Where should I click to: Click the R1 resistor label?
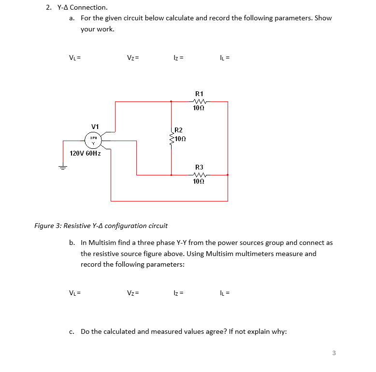point(199,93)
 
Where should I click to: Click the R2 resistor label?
point(178,130)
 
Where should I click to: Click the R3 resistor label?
point(199,167)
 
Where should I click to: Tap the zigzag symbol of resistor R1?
point(199,101)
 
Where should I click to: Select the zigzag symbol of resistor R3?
point(199,175)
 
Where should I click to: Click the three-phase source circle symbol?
point(94,140)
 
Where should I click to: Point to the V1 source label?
point(95,127)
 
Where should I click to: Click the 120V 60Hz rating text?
point(85,153)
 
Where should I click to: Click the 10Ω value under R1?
point(199,109)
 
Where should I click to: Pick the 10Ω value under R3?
point(199,182)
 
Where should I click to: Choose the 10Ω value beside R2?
point(181,139)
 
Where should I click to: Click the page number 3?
point(333,353)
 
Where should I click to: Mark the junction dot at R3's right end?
point(228,175)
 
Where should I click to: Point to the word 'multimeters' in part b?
point(254,254)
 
